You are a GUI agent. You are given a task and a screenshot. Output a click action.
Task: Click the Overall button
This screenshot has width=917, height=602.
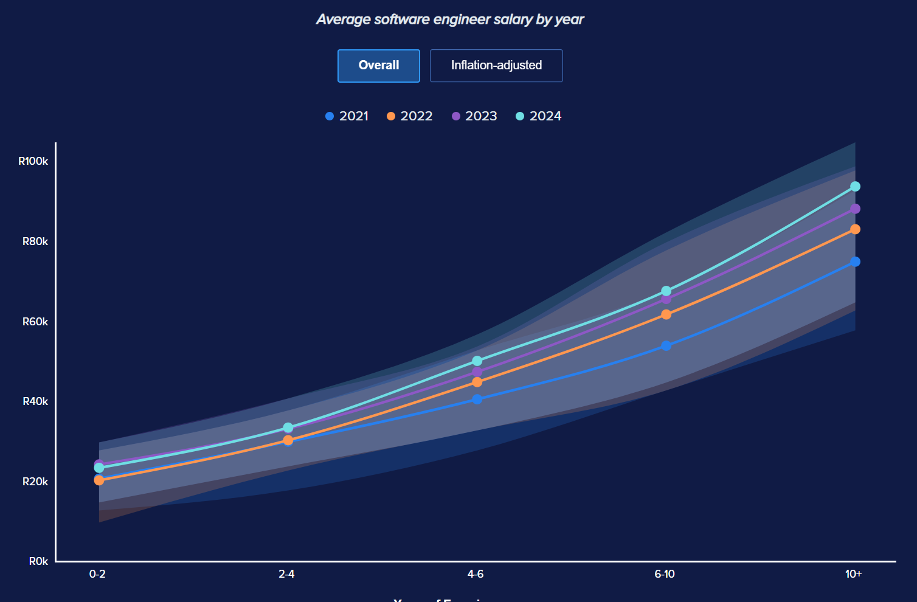(378, 66)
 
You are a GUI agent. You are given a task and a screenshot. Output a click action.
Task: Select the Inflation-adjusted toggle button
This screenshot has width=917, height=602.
(496, 66)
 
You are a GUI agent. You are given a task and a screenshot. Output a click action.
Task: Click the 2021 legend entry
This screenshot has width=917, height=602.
(347, 116)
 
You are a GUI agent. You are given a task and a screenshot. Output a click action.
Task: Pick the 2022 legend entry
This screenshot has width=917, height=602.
(410, 116)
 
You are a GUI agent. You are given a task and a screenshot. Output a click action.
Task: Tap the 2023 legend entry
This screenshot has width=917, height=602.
(474, 116)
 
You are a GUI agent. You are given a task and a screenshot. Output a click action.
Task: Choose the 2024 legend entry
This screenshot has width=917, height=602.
(539, 116)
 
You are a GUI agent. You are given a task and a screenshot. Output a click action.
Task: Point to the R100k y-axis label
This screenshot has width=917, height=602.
(33, 161)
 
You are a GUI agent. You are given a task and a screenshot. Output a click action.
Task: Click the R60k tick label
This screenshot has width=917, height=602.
(35, 322)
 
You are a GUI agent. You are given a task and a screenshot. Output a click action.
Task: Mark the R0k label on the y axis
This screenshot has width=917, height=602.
(38, 561)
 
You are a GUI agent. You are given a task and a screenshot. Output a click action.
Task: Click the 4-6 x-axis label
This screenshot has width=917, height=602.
(476, 574)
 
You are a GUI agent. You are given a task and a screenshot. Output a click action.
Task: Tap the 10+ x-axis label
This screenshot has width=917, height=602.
(853, 574)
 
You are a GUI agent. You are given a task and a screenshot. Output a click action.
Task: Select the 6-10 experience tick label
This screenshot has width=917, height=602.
(665, 574)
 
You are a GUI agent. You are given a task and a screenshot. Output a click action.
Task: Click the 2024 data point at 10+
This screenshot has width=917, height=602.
(855, 186)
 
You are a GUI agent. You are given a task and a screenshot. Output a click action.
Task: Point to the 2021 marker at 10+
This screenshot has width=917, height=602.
(855, 261)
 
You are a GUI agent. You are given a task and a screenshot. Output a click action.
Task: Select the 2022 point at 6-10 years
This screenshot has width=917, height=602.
(666, 314)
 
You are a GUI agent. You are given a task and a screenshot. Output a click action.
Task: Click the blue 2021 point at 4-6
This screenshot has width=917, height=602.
(477, 400)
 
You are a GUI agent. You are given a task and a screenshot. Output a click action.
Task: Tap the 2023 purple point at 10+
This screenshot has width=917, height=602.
(855, 209)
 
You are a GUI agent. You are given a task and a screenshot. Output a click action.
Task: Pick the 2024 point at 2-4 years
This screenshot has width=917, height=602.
(288, 427)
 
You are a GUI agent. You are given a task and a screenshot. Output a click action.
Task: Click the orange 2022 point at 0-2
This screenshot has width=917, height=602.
(99, 480)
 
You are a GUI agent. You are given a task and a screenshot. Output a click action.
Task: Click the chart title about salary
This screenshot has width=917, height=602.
(450, 19)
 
